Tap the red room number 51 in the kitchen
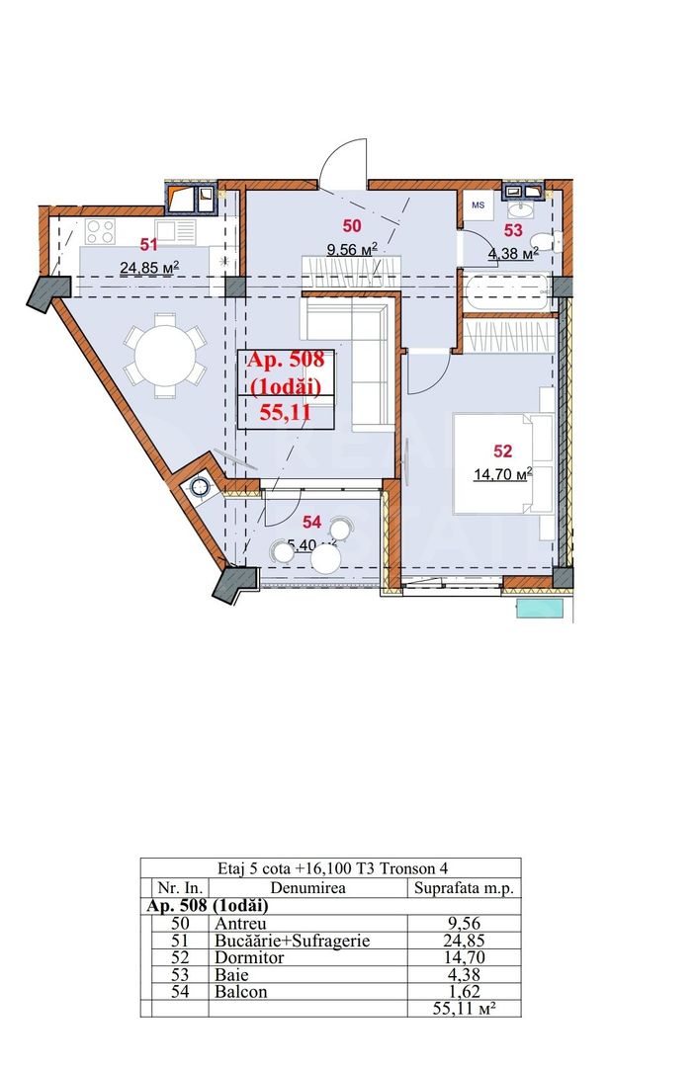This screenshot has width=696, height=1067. (148, 244)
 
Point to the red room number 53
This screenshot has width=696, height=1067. (513, 230)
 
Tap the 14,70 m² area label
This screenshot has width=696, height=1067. (503, 473)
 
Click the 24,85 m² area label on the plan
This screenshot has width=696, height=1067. (149, 267)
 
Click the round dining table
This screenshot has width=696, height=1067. (165, 355)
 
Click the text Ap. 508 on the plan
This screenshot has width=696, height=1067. (287, 359)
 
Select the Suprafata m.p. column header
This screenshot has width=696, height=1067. (463, 889)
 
